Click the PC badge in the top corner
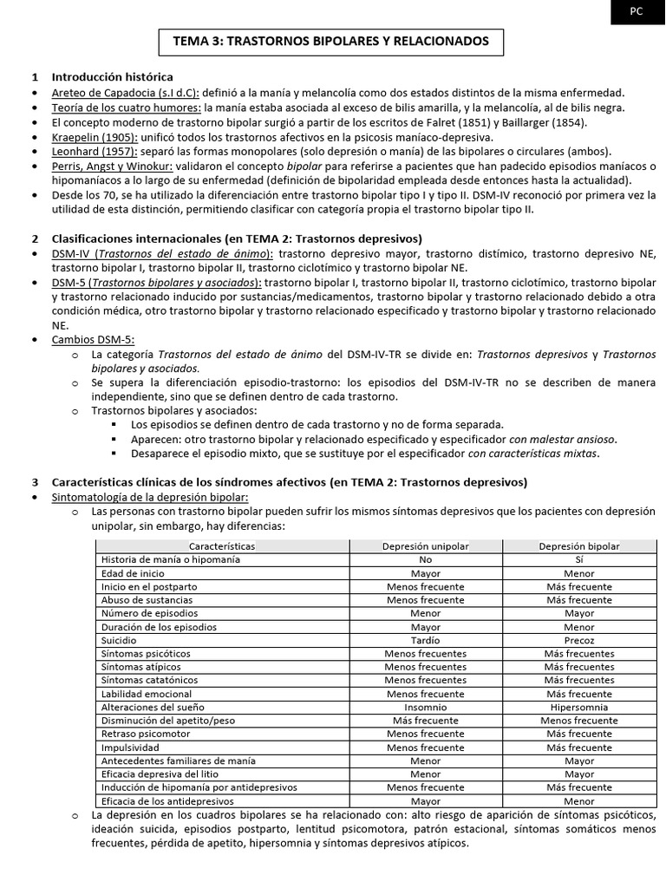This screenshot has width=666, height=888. coord(637,11)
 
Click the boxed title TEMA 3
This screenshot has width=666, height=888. coord(331,41)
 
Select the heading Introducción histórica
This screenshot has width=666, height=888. coord(113,77)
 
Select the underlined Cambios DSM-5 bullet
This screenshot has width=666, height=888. coord(94,340)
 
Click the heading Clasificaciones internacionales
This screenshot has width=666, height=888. coord(237,238)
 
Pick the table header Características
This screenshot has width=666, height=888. coord(222,546)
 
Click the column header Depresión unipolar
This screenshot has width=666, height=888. coord(425,546)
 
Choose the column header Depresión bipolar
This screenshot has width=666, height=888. coord(578,546)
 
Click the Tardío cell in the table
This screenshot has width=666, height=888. coord(425,639)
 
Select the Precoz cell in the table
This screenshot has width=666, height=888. coord(578,639)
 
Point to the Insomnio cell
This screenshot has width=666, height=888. coord(425,707)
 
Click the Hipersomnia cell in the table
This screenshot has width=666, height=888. coord(578,707)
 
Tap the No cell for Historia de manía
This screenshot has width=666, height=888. coord(425,559)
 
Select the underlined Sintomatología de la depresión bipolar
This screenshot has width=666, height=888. coord(149,497)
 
